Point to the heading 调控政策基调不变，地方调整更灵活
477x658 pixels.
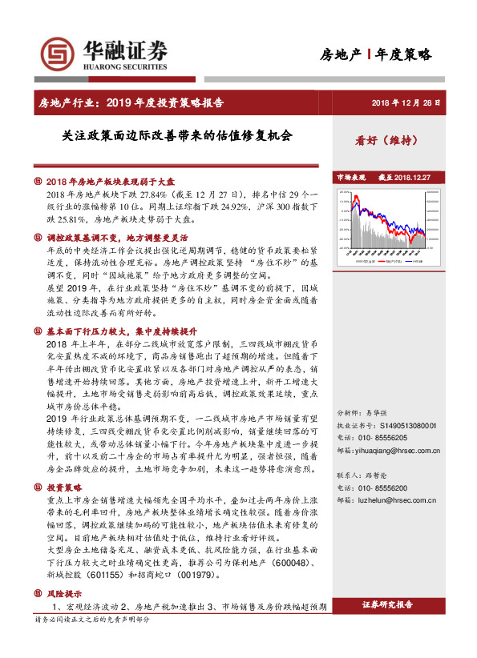click(x=117, y=238)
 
